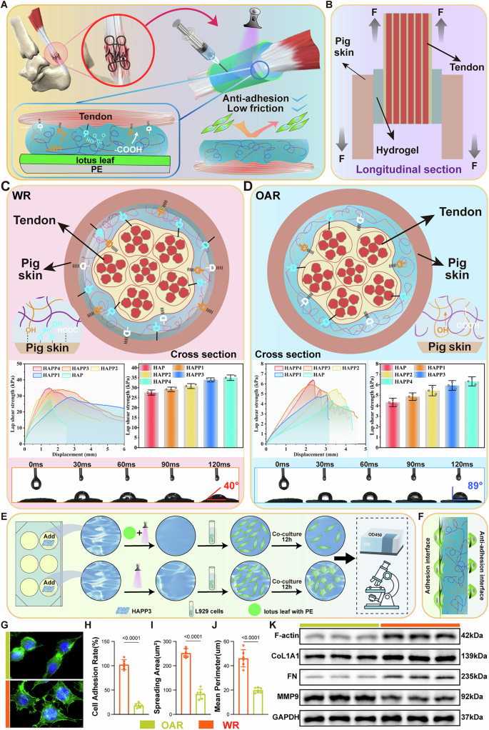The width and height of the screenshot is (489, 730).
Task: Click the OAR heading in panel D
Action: (x=272, y=194)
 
